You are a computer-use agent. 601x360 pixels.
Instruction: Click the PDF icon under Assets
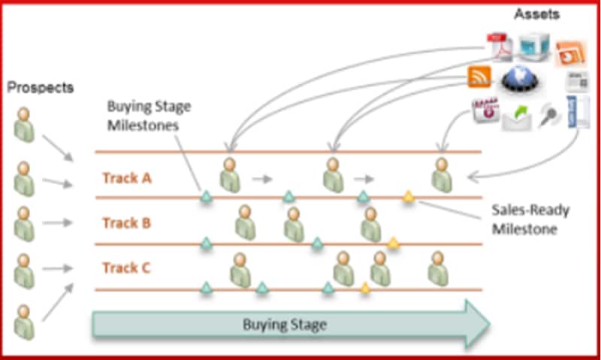[x=500, y=45]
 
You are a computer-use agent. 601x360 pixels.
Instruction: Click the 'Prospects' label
[x=41, y=87]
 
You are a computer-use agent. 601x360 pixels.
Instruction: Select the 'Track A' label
[x=121, y=178]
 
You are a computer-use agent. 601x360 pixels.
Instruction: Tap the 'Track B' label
[x=121, y=223]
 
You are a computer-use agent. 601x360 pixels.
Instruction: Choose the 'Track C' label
[x=121, y=268]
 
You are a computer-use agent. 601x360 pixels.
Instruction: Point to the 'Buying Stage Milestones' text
[x=149, y=116]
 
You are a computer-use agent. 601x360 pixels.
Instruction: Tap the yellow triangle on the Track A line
[x=409, y=196]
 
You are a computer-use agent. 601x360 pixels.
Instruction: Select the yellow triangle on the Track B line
[x=393, y=242]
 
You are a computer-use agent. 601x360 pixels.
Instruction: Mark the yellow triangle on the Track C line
[x=365, y=287]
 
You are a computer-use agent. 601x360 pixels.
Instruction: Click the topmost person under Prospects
[x=25, y=123]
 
